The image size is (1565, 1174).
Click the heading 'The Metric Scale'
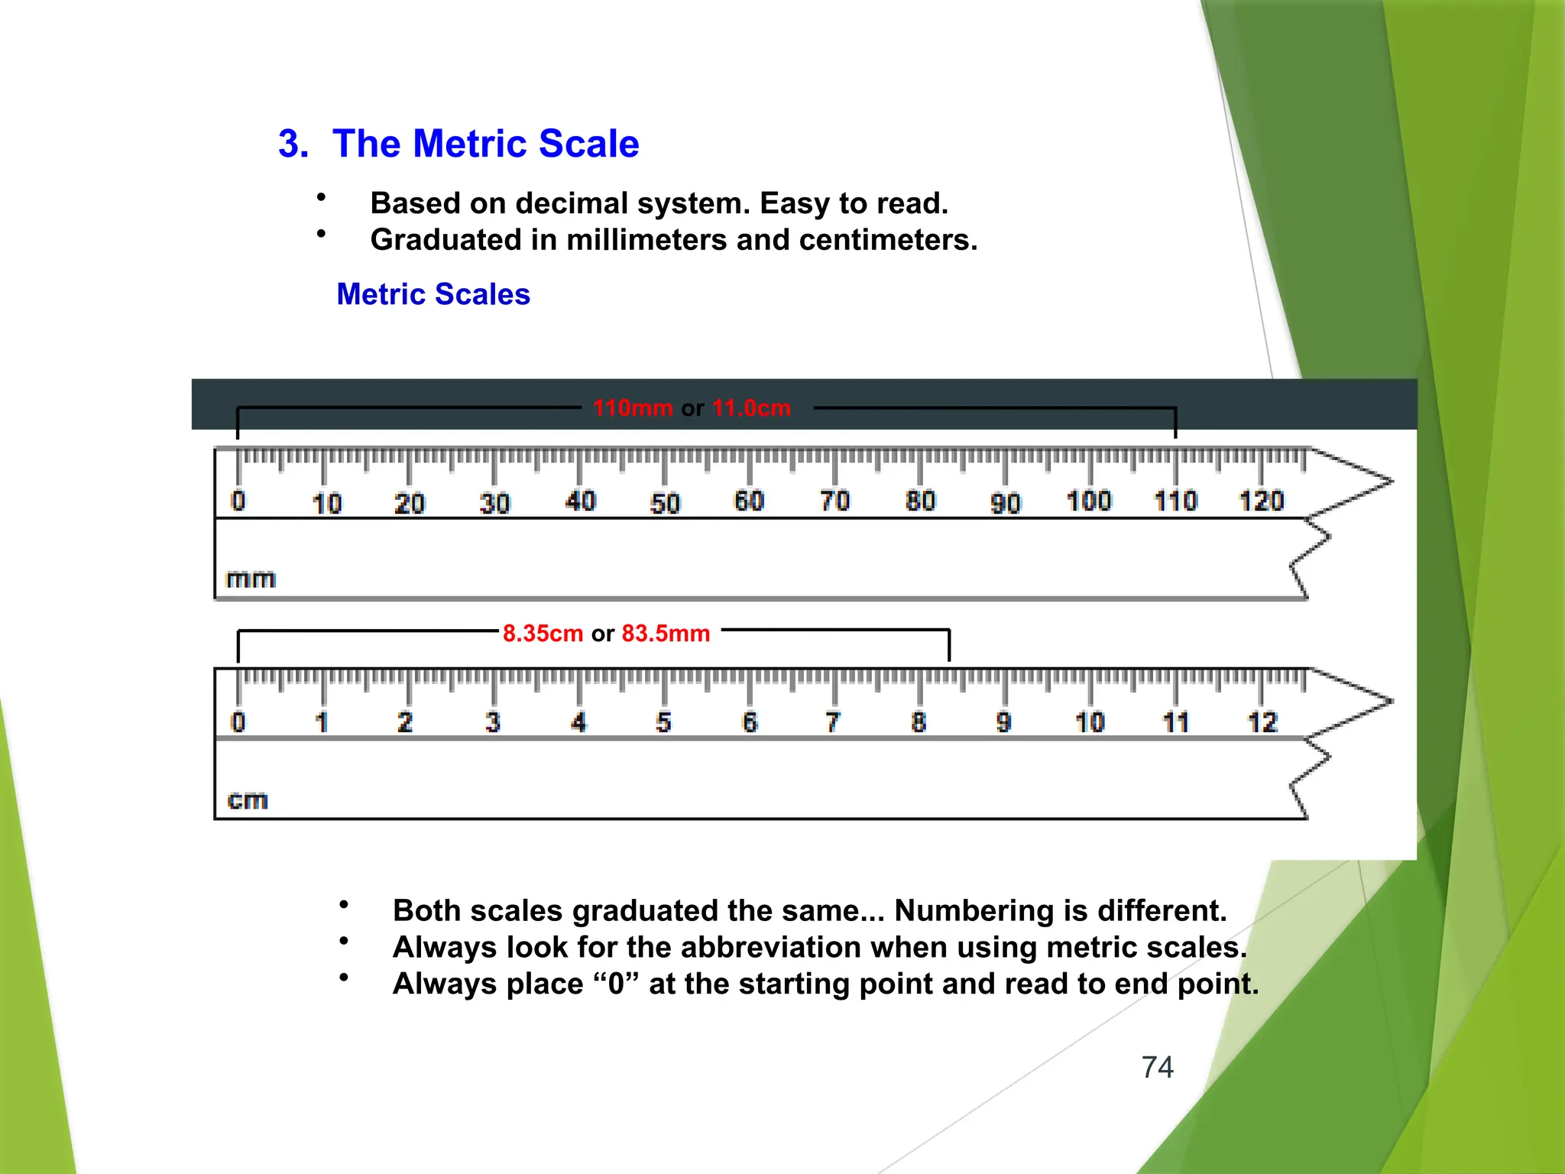pyautogui.click(x=485, y=144)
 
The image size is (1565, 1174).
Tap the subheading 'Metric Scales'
pyautogui.click(x=433, y=294)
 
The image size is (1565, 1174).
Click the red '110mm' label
pyautogui.click(x=633, y=408)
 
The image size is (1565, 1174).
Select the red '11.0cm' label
pyautogui.click(x=751, y=408)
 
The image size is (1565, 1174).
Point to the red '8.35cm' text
pyautogui.click(x=543, y=634)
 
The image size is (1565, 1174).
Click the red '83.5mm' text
pyautogui.click(x=666, y=634)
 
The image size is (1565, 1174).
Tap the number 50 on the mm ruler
pyautogui.click(x=665, y=504)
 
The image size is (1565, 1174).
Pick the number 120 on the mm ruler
pyautogui.click(x=1261, y=501)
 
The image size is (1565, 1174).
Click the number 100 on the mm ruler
pyautogui.click(x=1089, y=501)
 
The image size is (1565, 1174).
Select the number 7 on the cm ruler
pyautogui.click(x=833, y=722)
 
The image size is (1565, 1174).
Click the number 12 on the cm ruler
pyautogui.click(x=1262, y=722)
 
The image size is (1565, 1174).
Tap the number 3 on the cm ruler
pyautogui.click(x=493, y=722)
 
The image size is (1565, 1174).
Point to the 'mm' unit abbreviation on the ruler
pyautogui.click(x=251, y=579)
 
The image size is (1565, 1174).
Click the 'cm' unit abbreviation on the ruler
pyautogui.click(x=248, y=800)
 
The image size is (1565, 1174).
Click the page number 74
pyautogui.click(x=1157, y=1067)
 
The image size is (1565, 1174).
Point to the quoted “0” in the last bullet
pyautogui.click(x=617, y=984)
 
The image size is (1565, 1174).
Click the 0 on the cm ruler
pyautogui.click(x=238, y=722)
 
